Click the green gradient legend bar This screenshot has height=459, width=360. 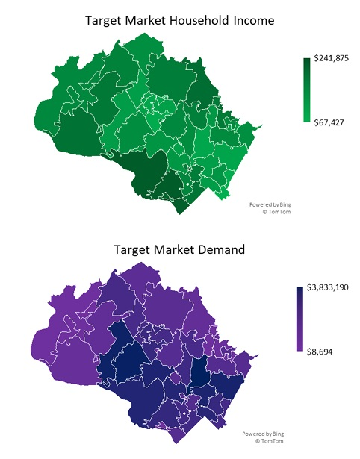pyautogui.click(x=306, y=90)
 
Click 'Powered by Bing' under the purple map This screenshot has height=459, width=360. pyautogui.click(x=261, y=434)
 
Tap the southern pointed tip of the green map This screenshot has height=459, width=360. pyautogui.click(x=179, y=211)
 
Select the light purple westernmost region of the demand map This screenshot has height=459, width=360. pyautogui.click(x=56, y=351)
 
